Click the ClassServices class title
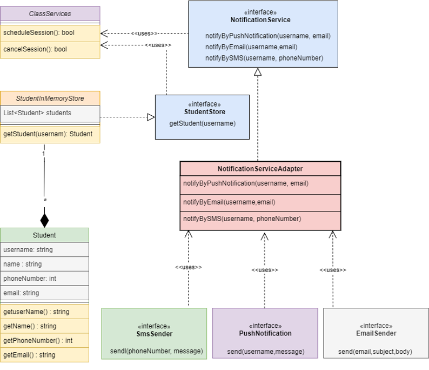pos(50,14)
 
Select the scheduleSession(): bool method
pos(39,33)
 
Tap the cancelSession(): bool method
pos(35,49)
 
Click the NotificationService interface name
pos(260,20)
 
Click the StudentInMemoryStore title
pos(50,99)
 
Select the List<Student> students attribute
pos(37,113)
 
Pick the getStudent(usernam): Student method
pos(48,134)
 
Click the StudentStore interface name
pos(204,112)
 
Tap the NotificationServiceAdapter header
pos(260,169)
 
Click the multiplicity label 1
pos(43,154)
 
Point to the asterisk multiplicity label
pos(45,201)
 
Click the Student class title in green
pos(44,235)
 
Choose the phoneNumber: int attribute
pos(30,279)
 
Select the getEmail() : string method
pos(29,355)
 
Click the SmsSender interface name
pos(154,334)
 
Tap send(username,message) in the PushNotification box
pos(265,352)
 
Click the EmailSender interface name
pos(376,333)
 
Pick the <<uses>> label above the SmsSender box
pos(188,267)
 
